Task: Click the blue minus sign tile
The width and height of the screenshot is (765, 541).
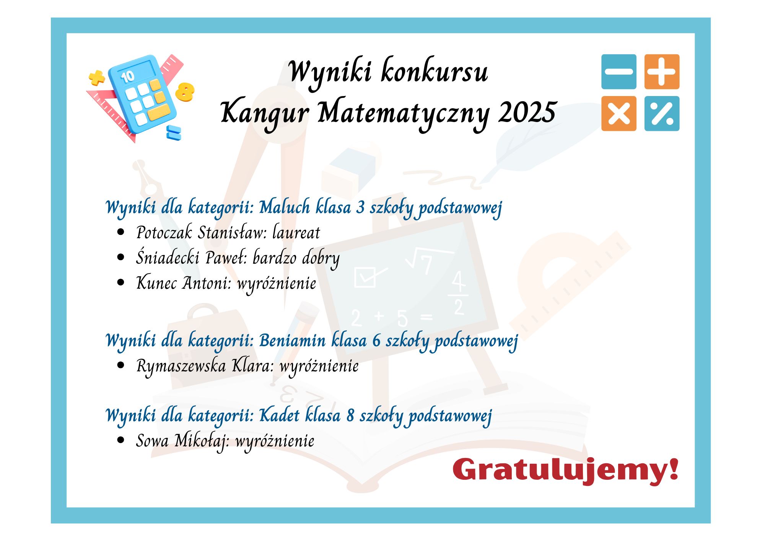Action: coord(619,72)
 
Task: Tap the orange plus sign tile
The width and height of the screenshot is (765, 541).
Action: coord(662,72)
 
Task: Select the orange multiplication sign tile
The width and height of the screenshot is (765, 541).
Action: coord(619,114)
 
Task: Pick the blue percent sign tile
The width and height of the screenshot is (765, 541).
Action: coord(662,114)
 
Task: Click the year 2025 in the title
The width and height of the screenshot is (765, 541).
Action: coord(527,112)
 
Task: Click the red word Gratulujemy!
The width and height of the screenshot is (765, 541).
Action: coord(566,470)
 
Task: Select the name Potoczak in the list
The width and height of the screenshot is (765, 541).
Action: coord(164,232)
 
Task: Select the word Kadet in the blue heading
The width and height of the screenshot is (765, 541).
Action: coord(279,415)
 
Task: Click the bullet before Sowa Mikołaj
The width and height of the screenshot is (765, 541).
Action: coord(121,440)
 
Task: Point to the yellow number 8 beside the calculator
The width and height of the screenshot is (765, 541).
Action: coord(185,92)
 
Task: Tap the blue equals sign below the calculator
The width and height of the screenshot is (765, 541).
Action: coord(174,132)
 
